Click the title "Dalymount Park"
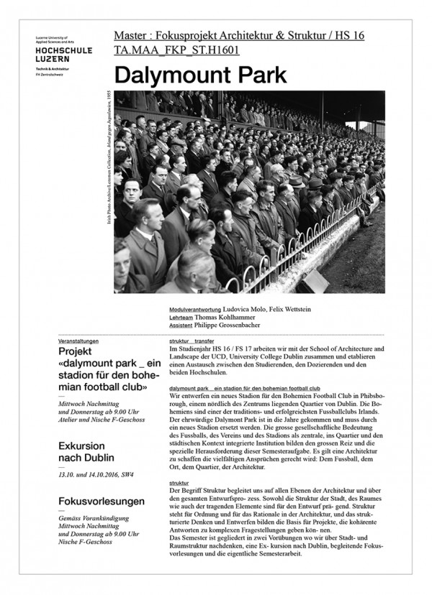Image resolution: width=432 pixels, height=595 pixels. [x=200, y=75]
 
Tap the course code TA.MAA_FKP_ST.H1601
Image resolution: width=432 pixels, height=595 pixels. [x=177, y=50]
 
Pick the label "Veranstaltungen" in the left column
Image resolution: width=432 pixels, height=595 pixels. [x=79, y=341]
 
